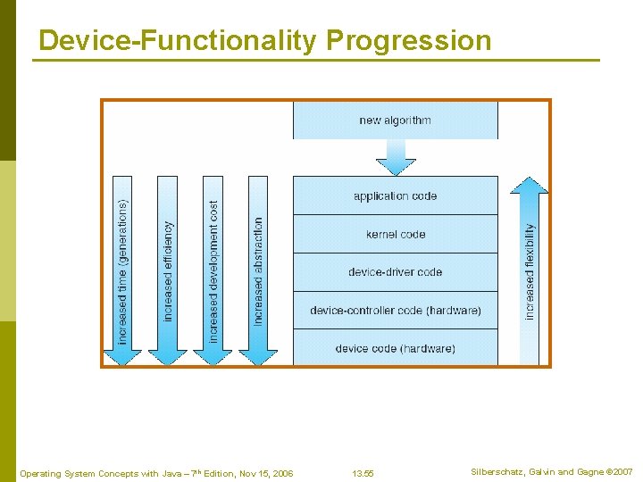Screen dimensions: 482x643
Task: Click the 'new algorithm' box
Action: click(395, 120)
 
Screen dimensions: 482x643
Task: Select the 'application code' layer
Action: click(395, 195)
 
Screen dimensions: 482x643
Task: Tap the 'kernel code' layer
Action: click(395, 234)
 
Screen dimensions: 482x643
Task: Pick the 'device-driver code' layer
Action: click(395, 272)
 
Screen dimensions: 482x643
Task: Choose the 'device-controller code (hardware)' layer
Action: click(395, 310)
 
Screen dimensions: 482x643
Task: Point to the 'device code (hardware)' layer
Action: click(395, 348)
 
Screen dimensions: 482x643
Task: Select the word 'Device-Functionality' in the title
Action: click(179, 40)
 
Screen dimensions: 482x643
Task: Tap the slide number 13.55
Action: click(363, 473)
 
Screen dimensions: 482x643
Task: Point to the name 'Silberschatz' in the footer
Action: click(498, 472)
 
